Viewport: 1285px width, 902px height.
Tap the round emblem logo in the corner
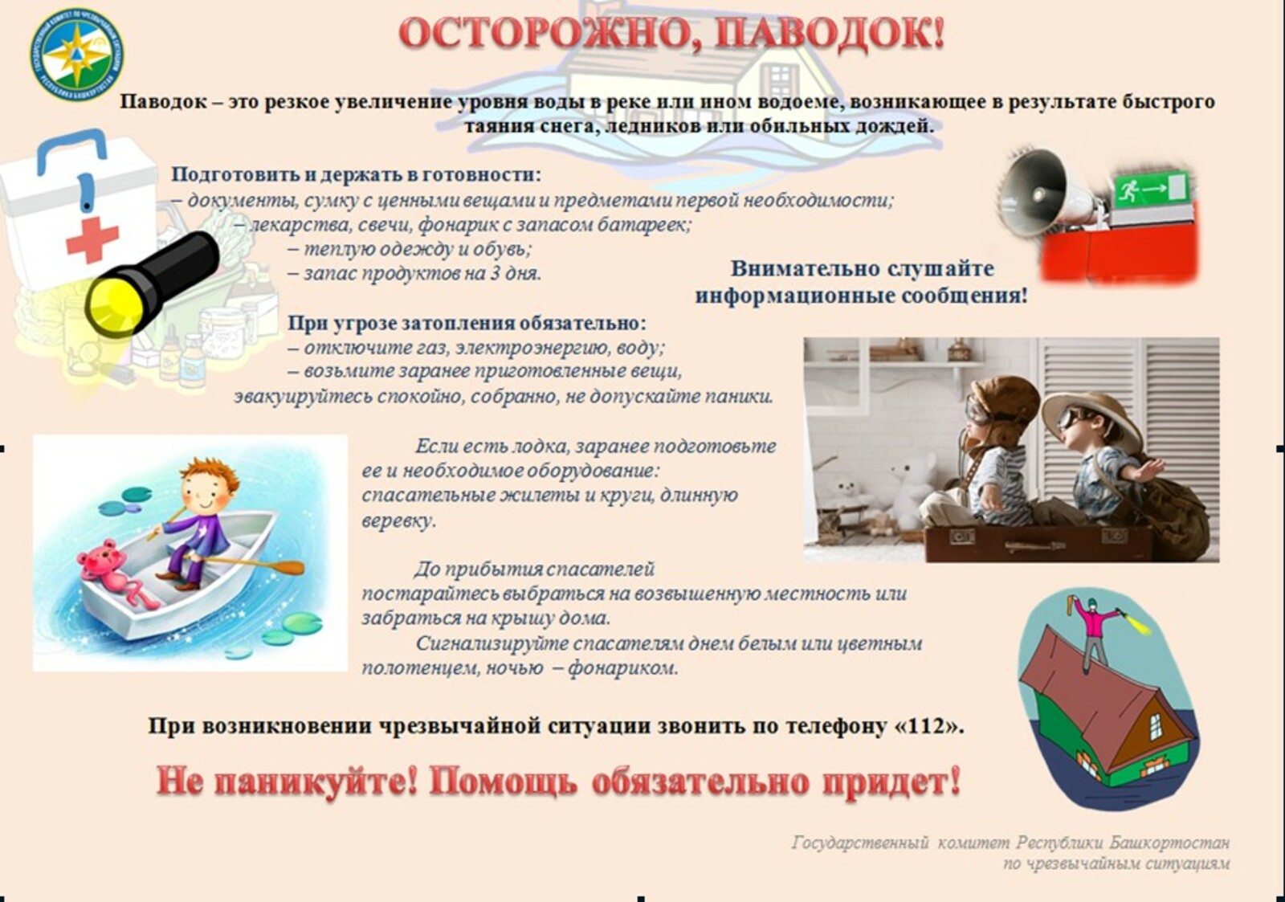76,55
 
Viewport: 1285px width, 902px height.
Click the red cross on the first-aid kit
92,240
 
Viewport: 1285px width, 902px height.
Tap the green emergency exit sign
1151,190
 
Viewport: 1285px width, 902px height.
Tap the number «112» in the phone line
928,726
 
